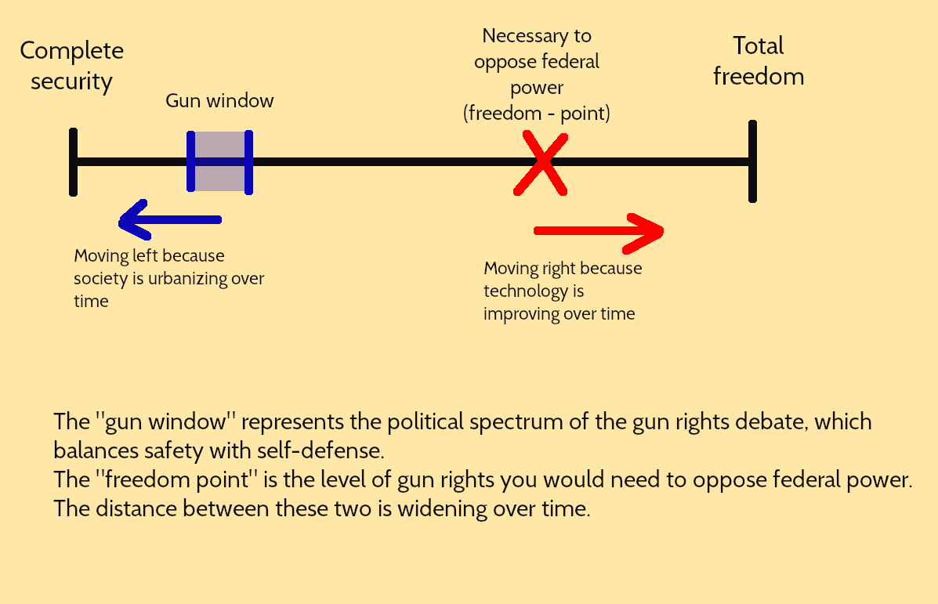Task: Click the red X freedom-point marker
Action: (x=541, y=163)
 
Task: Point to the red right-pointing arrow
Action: (x=599, y=231)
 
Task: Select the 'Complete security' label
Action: (x=71, y=66)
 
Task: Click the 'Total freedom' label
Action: (x=759, y=61)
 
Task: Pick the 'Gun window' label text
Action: (x=219, y=101)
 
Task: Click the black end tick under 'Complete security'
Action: (x=73, y=162)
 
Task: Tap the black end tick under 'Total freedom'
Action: (x=752, y=162)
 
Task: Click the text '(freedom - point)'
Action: (x=537, y=114)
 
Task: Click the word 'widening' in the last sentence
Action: (x=442, y=508)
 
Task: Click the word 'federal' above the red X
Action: (x=569, y=62)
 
